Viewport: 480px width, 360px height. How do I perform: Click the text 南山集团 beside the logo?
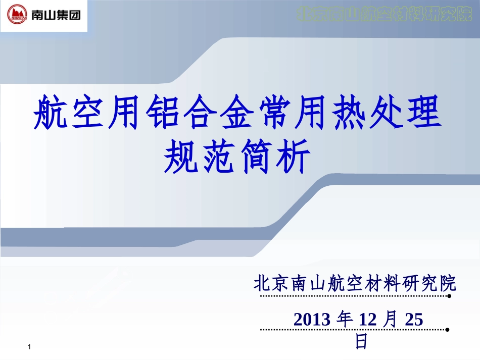(x=56, y=16)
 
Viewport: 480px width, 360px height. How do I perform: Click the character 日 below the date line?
(x=361, y=341)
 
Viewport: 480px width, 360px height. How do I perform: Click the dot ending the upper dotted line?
(x=449, y=297)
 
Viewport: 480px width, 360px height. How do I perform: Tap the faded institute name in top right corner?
(x=383, y=14)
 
